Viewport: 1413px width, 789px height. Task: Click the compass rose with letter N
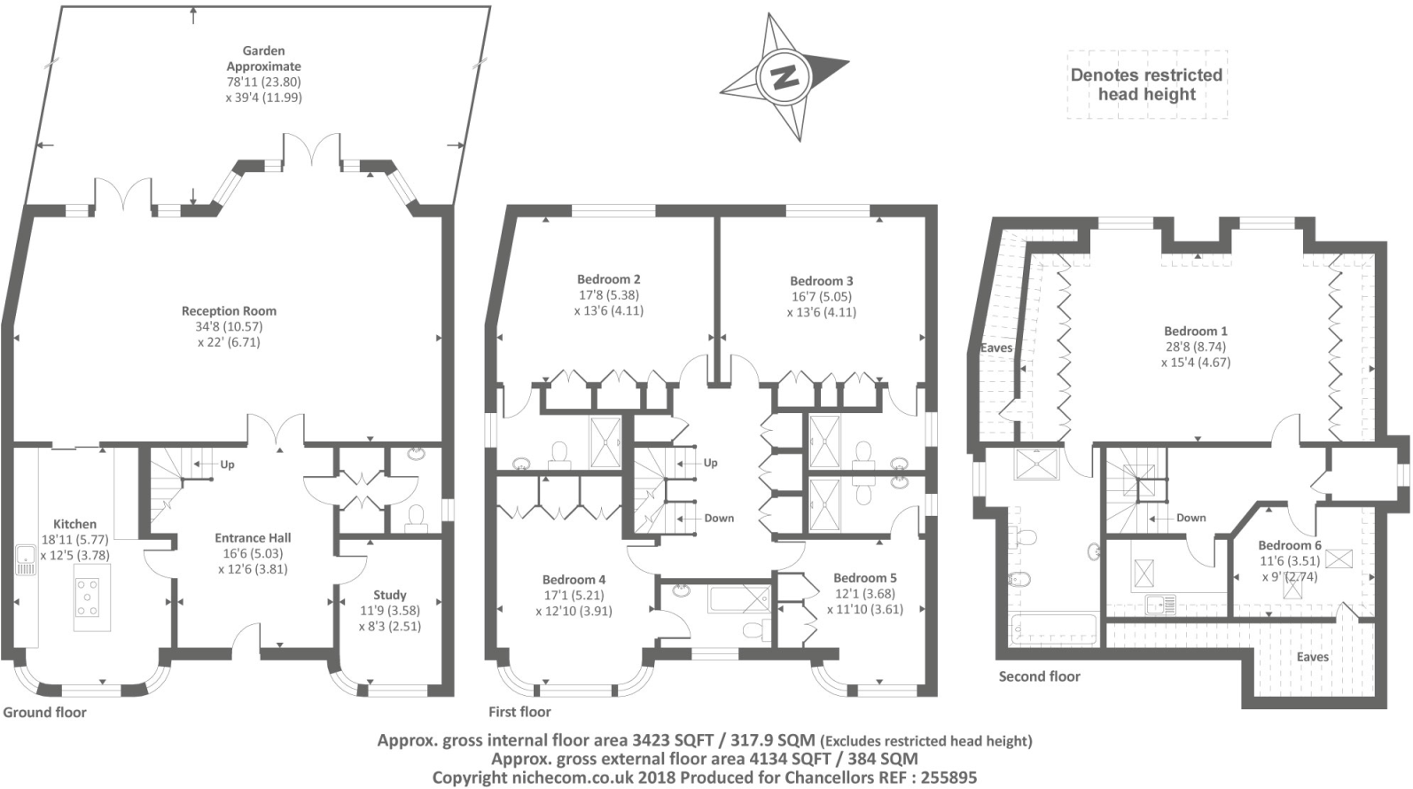[784, 77]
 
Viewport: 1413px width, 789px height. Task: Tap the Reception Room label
[229, 311]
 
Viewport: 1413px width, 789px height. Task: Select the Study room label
[390, 595]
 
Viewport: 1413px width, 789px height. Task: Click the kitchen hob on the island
[89, 597]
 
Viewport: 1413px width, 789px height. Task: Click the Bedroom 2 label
[609, 279]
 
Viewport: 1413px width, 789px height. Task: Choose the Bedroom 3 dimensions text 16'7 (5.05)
[821, 297]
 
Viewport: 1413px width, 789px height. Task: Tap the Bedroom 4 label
[574, 580]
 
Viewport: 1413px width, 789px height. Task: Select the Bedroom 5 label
[864, 578]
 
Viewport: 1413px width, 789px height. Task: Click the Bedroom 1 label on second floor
[1196, 331]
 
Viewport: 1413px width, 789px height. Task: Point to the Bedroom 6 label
[1289, 545]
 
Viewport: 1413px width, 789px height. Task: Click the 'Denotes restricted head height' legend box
[1146, 85]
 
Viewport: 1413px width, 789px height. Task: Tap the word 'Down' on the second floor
[1191, 518]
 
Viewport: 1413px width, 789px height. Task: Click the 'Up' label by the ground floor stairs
[227, 465]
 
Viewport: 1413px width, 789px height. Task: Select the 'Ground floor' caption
[45, 712]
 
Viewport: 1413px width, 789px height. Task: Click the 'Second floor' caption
[1039, 676]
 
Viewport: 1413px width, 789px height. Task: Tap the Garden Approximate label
[263, 59]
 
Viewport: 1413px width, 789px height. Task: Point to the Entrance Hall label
[253, 538]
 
